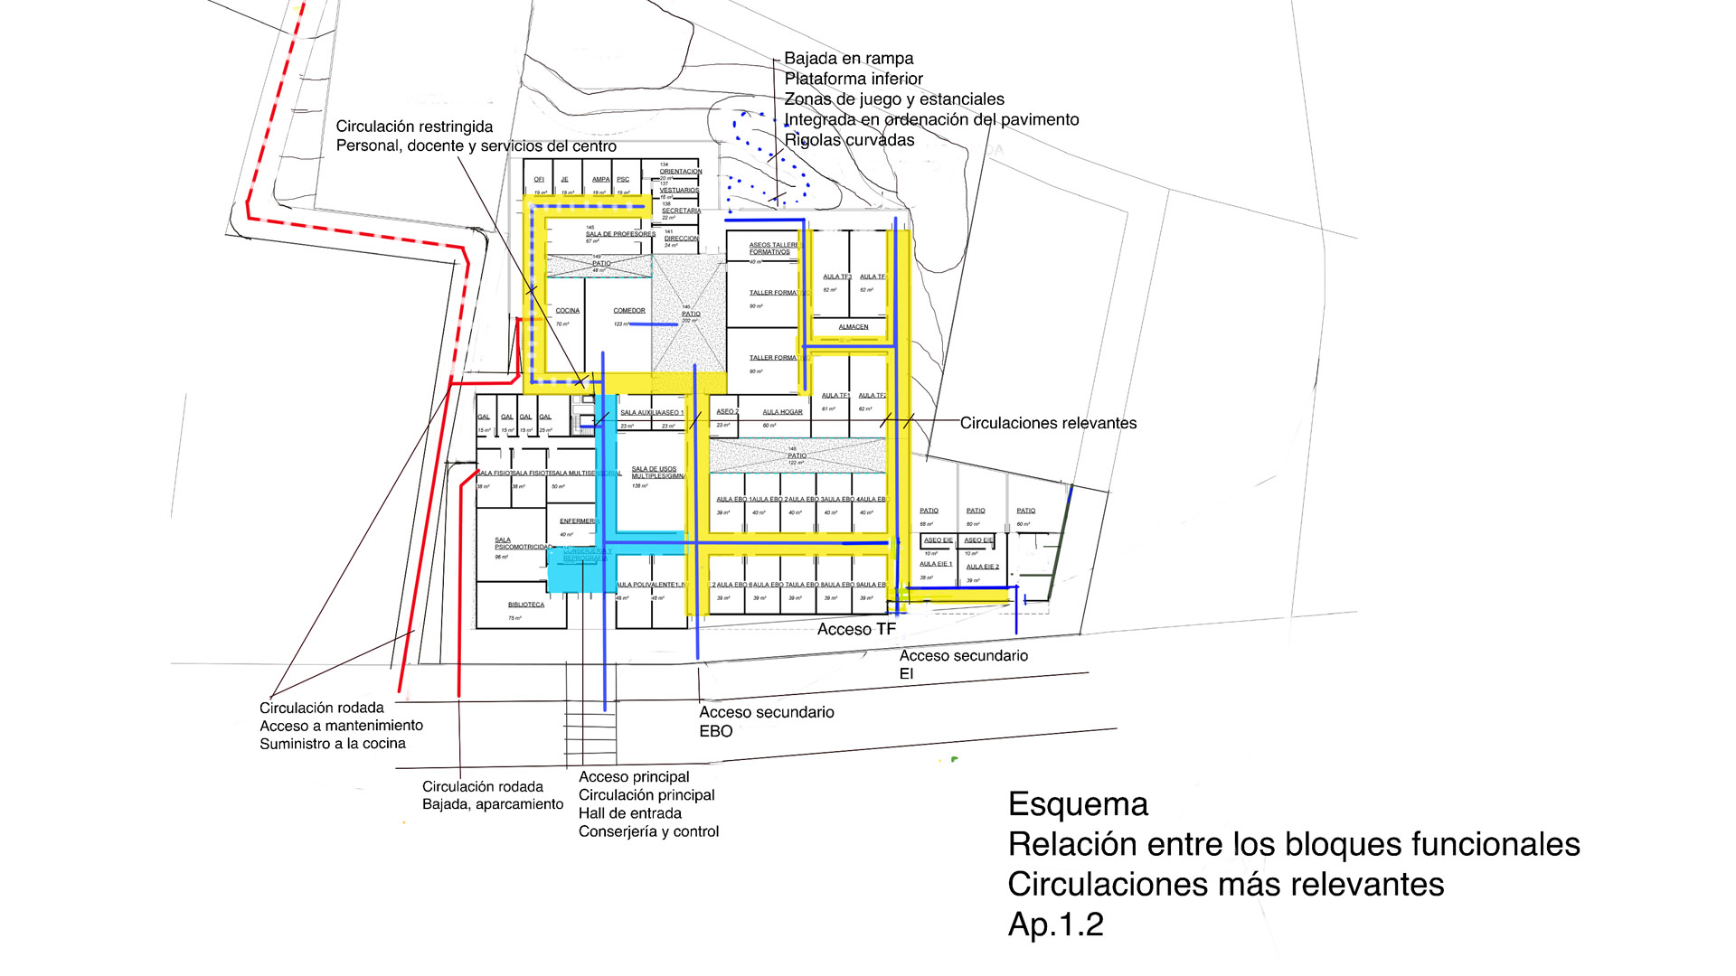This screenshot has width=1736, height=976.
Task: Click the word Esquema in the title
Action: tap(1078, 804)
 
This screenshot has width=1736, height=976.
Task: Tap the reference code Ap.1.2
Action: tap(1055, 924)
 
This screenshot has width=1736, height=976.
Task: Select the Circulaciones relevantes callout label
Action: tap(1048, 423)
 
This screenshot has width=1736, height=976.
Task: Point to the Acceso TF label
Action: tap(856, 629)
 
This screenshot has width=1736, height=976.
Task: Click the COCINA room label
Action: tap(568, 311)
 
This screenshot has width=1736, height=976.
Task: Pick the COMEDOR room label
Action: tap(629, 311)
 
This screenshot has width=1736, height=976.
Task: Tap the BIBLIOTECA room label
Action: tap(526, 605)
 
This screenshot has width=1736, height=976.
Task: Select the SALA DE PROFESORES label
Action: tap(620, 234)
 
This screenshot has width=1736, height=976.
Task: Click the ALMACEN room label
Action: tap(854, 327)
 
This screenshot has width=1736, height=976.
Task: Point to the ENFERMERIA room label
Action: tap(579, 521)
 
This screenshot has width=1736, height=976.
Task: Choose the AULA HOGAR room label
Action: tap(782, 412)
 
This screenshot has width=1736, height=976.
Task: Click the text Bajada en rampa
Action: tap(848, 59)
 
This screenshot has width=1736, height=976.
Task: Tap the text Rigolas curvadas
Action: tap(849, 140)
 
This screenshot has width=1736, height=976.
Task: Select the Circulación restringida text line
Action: tap(414, 127)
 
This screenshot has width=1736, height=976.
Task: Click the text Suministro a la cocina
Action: tap(332, 744)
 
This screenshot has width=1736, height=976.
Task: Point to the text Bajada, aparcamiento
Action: tap(493, 804)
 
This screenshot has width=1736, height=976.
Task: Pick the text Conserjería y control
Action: tap(648, 831)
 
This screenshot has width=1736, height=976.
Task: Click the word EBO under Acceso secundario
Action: tap(715, 731)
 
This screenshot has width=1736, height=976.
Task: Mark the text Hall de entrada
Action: tap(629, 813)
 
